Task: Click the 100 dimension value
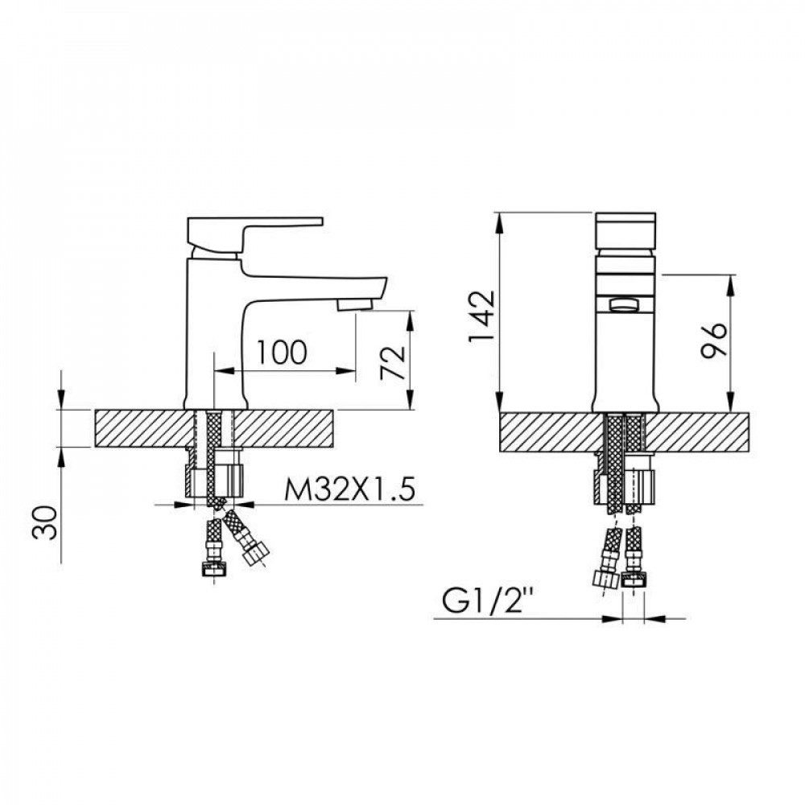[x=282, y=352]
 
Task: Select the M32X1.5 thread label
[x=343, y=488]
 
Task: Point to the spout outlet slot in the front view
[x=625, y=304]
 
